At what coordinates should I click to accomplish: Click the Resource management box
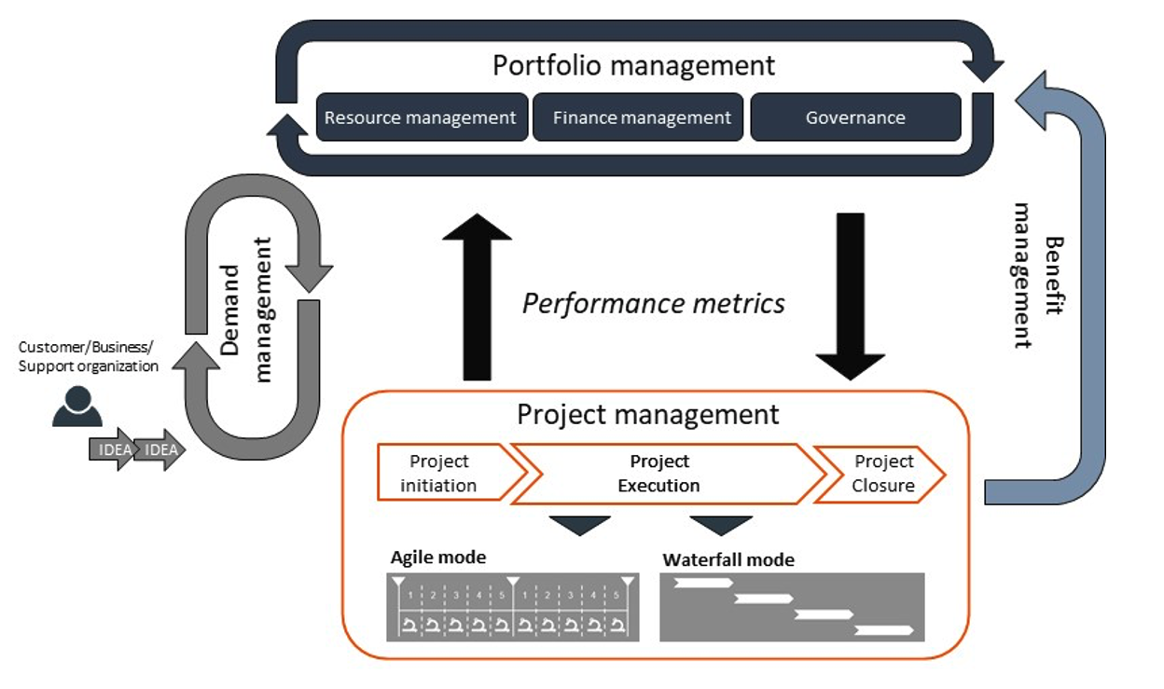tap(422, 117)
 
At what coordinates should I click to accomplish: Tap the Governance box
tap(855, 117)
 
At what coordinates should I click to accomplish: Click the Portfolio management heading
tap(633, 66)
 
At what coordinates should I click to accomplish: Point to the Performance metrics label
tap(653, 303)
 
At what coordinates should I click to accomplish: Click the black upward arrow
tap(477, 296)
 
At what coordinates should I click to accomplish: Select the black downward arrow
tap(850, 296)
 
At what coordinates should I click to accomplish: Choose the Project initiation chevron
tap(443, 474)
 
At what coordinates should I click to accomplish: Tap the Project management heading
tap(648, 414)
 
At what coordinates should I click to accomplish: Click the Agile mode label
tap(437, 558)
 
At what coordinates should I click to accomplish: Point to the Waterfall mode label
tap(728, 559)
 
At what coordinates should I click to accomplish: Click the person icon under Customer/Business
tap(76, 406)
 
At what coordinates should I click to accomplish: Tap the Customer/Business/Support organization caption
tap(88, 356)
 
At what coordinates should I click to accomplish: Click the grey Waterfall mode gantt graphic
tap(792, 607)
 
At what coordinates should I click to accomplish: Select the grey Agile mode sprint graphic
tap(512, 607)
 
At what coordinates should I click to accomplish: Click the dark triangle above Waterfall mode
tap(721, 525)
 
